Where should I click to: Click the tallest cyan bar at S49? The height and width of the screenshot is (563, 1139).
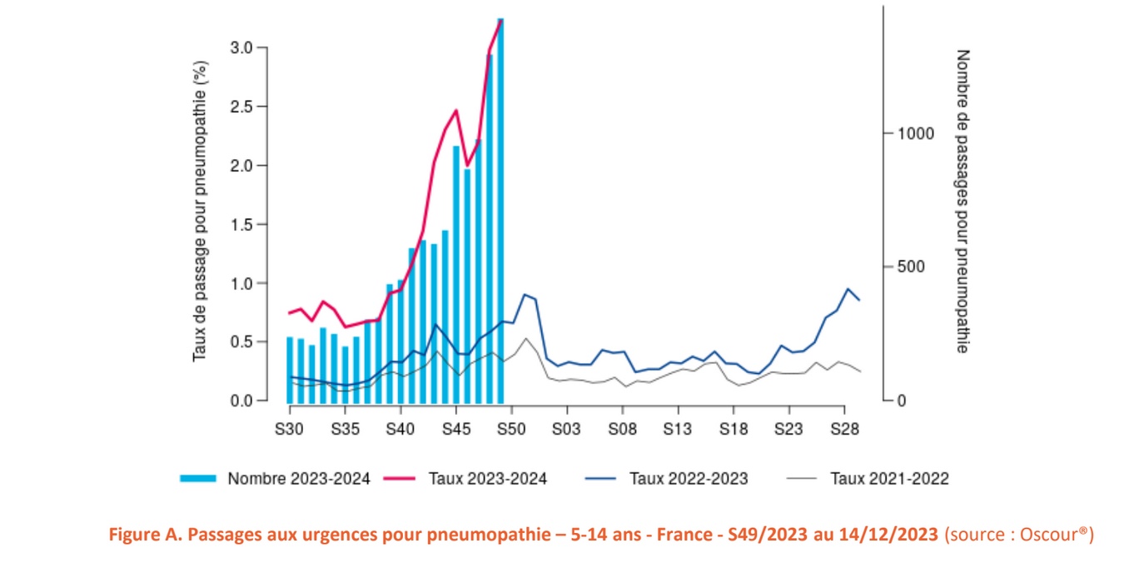point(500,208)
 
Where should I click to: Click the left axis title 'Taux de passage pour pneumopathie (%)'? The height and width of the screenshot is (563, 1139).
point(200,213)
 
